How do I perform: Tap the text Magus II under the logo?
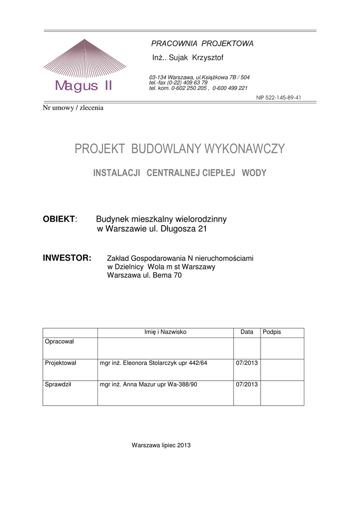84,86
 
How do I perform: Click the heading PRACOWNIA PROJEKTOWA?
202,44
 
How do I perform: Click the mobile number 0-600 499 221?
230,88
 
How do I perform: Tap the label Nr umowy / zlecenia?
73,108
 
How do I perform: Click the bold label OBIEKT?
59,219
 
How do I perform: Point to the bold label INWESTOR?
67,258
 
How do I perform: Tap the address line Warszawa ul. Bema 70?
144,275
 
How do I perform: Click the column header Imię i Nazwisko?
165,332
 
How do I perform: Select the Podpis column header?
271,332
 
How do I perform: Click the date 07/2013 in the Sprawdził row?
247,384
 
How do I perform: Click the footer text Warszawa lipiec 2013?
161,445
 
